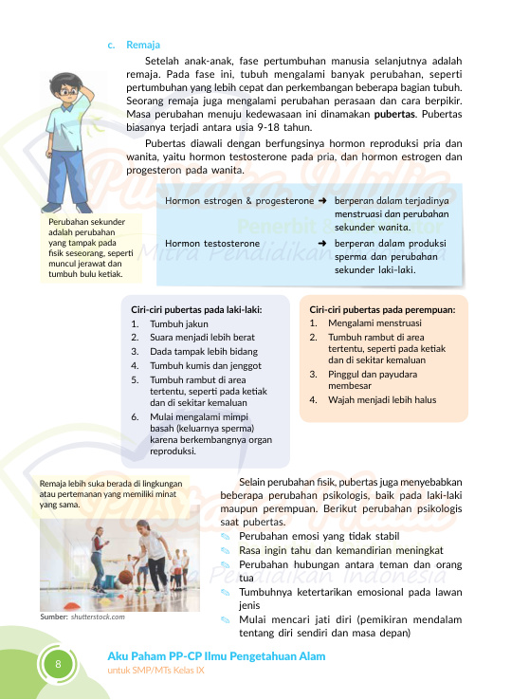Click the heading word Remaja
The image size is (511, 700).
[140, 45]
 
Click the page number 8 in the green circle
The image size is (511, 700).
[58, 663]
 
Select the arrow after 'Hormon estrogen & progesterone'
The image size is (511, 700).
[323, 202]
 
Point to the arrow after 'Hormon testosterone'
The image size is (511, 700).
[323, 244]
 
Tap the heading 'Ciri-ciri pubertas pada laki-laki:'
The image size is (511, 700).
[197, 309]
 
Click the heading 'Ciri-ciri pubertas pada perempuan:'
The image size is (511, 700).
[383, 309]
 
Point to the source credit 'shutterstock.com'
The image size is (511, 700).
[99, 617]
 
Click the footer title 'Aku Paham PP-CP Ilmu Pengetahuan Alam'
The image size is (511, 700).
[216, 656]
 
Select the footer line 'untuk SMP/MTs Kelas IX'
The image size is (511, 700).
[155, 671]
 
